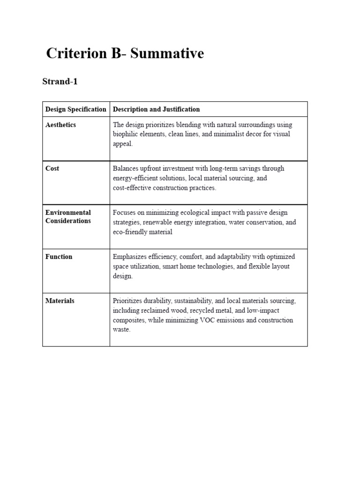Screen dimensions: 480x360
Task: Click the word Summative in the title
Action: coord(167,53)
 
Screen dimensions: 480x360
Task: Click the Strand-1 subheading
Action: coord(60,82)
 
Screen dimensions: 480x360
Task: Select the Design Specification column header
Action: coord(76,109)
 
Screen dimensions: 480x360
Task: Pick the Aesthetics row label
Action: coord(60,125)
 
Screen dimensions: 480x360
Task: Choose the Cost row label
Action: coord(52,168)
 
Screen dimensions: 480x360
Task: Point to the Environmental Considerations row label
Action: coord(68,217)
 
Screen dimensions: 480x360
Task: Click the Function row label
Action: coord(59,256)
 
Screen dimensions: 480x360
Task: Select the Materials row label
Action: coord(60,300)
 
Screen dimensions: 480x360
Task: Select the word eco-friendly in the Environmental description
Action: coord(129,232)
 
